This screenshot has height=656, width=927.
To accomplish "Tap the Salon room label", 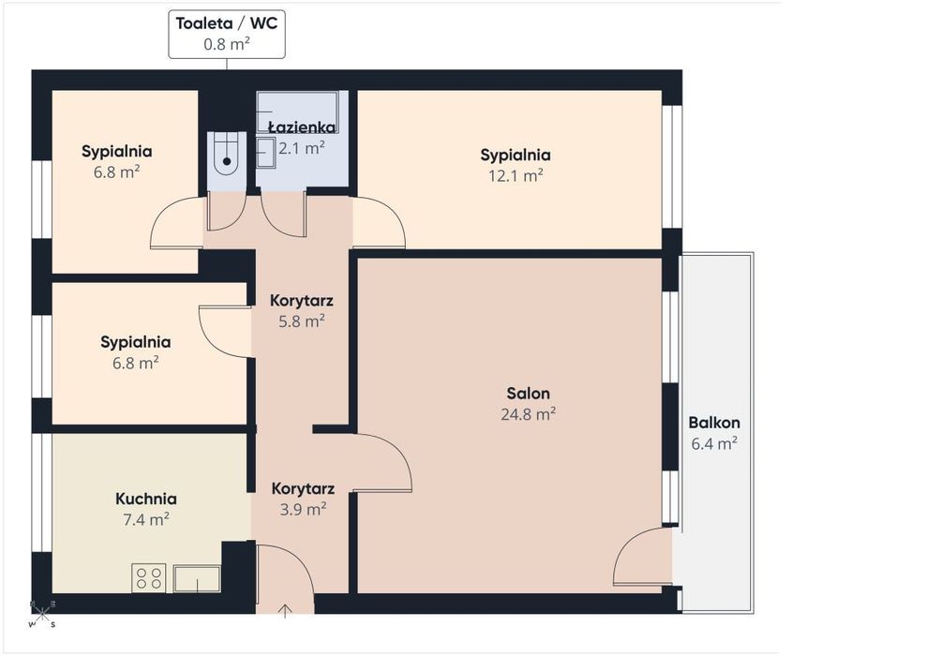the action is click(x=528, y=393).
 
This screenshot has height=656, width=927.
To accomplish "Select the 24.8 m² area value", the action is click(x=528, y=413).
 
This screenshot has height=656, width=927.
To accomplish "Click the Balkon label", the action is click(x=714, y=423).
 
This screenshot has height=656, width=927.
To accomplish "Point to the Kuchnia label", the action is click(x=146, y=499).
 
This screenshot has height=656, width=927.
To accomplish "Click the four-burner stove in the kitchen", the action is click(x=148, y=578).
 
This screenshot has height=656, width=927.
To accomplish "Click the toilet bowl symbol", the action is click(x=227, y=155).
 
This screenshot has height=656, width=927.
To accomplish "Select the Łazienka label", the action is click(x=302, y=127).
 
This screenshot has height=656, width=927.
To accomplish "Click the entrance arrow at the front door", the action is click(x=285, y=610).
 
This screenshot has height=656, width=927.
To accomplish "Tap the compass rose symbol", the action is click(x=42, y=615).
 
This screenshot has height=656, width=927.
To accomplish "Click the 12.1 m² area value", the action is click(x=516, y=175).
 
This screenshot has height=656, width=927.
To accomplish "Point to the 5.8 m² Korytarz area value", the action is click(x=302, y=321).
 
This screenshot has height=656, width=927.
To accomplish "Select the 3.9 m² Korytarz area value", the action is click(x=303, y=509).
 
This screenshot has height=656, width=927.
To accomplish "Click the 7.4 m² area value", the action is click(x=146, y=519).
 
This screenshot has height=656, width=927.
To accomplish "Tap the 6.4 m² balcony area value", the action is click(x=714, y=443).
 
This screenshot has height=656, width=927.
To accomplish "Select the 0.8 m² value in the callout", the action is click(x=227, y=44).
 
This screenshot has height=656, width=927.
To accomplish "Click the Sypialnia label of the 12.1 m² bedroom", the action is click(x=516, y=155).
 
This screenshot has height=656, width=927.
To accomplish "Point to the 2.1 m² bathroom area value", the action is click(x=302, y=148).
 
